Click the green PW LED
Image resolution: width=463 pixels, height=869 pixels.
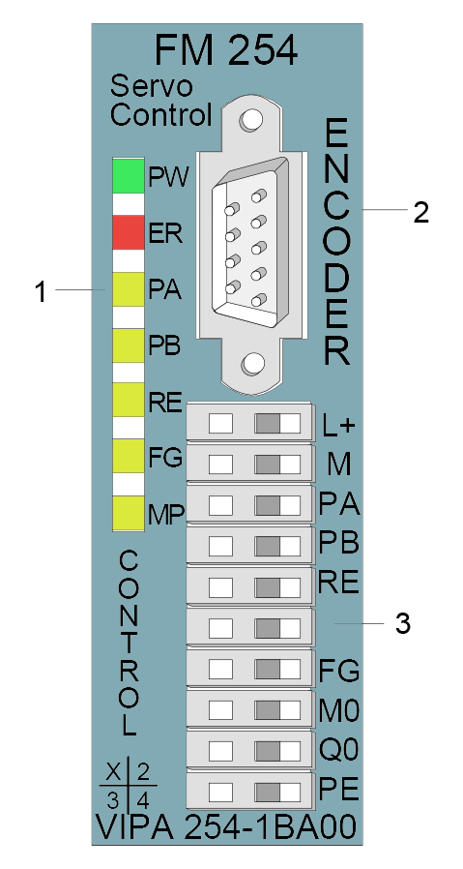pos(129,176)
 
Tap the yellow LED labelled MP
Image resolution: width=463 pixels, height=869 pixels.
pos(129,513)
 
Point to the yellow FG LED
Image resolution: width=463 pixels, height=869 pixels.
pos(129,456)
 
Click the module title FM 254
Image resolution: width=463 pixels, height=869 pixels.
pos(226,50)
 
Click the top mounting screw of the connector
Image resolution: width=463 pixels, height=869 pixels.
pos(252,119)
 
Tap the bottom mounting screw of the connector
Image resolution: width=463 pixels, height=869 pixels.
pos(252,365)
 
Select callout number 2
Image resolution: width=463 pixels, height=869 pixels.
pos(420,212)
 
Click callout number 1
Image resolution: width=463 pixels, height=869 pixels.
pos(40,291)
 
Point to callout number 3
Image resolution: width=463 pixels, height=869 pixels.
pos(403,623)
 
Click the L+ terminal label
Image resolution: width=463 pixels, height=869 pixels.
pos(337,426)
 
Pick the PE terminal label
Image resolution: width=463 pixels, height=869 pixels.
pos(339,791)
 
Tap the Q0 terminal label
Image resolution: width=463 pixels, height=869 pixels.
pos(339,750)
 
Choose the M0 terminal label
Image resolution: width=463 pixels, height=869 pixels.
pos(339,710)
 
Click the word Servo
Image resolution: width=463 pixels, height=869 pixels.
pos(151,87)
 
